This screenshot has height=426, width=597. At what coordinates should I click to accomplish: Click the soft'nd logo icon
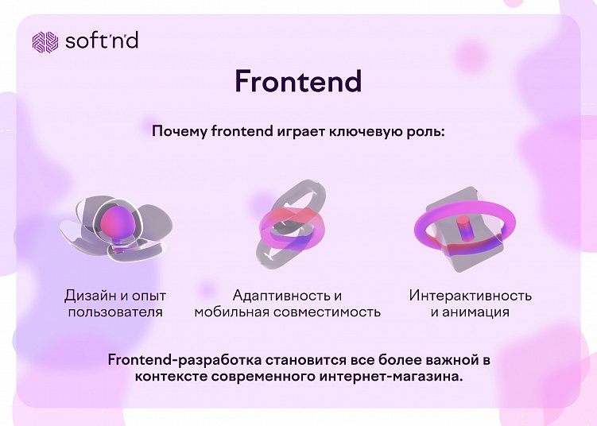pyautogui.click(x=45, y=41)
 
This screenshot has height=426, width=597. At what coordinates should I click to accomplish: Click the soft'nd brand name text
pyautogui.click(x=101, y=41)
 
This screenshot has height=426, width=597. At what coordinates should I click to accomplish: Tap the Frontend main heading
pyautogui.click(x=298, y=81)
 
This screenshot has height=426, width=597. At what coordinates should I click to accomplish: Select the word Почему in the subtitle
pyautogui.click(x=180, y=131)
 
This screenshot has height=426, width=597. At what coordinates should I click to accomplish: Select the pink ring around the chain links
pyautogui.click(x=292, y=227)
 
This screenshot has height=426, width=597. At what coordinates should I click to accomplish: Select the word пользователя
pyautogui.click(x=116, y=312)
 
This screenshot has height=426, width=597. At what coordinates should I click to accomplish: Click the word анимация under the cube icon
pyautogui.click(x=477, y=312)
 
